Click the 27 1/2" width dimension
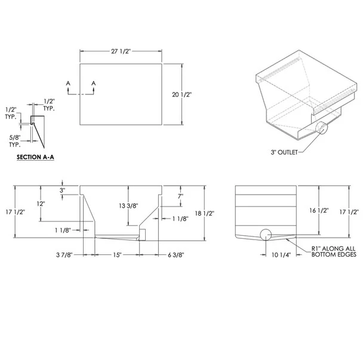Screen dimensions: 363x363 click(x=121, y=51)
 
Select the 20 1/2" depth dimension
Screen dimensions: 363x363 click(x=181, y=94)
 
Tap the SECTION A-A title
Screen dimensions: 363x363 click(x=35, y=157)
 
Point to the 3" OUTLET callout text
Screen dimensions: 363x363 click(x=284, y=152)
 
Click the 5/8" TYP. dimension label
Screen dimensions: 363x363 click(x=14, y=141)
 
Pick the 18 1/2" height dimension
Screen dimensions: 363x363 click(x=205, y=213)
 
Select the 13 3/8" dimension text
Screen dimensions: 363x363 click(x=128, y=205)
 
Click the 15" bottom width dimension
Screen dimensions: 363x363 click(x=118, y=255)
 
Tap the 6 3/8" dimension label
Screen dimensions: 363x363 click(x=176, y=255)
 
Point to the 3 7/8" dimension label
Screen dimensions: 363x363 click(x=64, y=255)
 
